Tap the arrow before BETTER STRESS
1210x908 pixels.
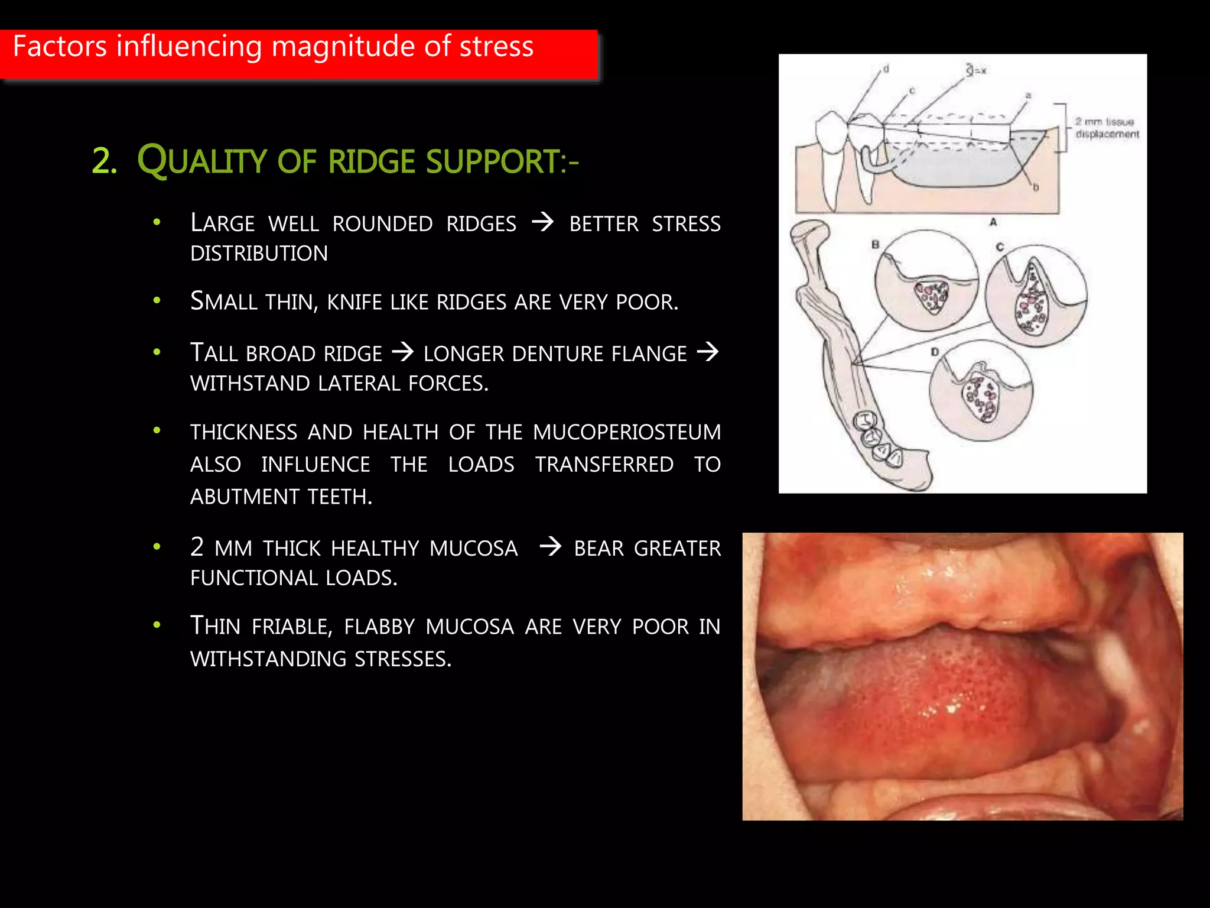[x=542, y=223]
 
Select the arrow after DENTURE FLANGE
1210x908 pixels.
[x=708, y=352]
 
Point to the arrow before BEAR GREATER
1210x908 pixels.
[x=550, y=546]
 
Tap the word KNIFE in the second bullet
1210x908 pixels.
[x=356, y=302]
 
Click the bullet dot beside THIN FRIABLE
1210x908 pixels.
[x=157, y=625]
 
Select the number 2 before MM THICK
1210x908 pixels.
[x=197, y=547]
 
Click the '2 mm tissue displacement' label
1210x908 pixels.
[x=1106, y=128]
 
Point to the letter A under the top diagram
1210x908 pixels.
[x=993, y=222]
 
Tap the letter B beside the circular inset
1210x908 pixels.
[x=875, y=244]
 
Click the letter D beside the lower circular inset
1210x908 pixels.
[x=934, y=352]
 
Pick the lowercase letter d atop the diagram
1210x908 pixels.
[x=886, y=69]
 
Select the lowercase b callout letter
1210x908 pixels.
[x=1035, y=187]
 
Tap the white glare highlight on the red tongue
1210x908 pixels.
[x=951, y=708]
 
